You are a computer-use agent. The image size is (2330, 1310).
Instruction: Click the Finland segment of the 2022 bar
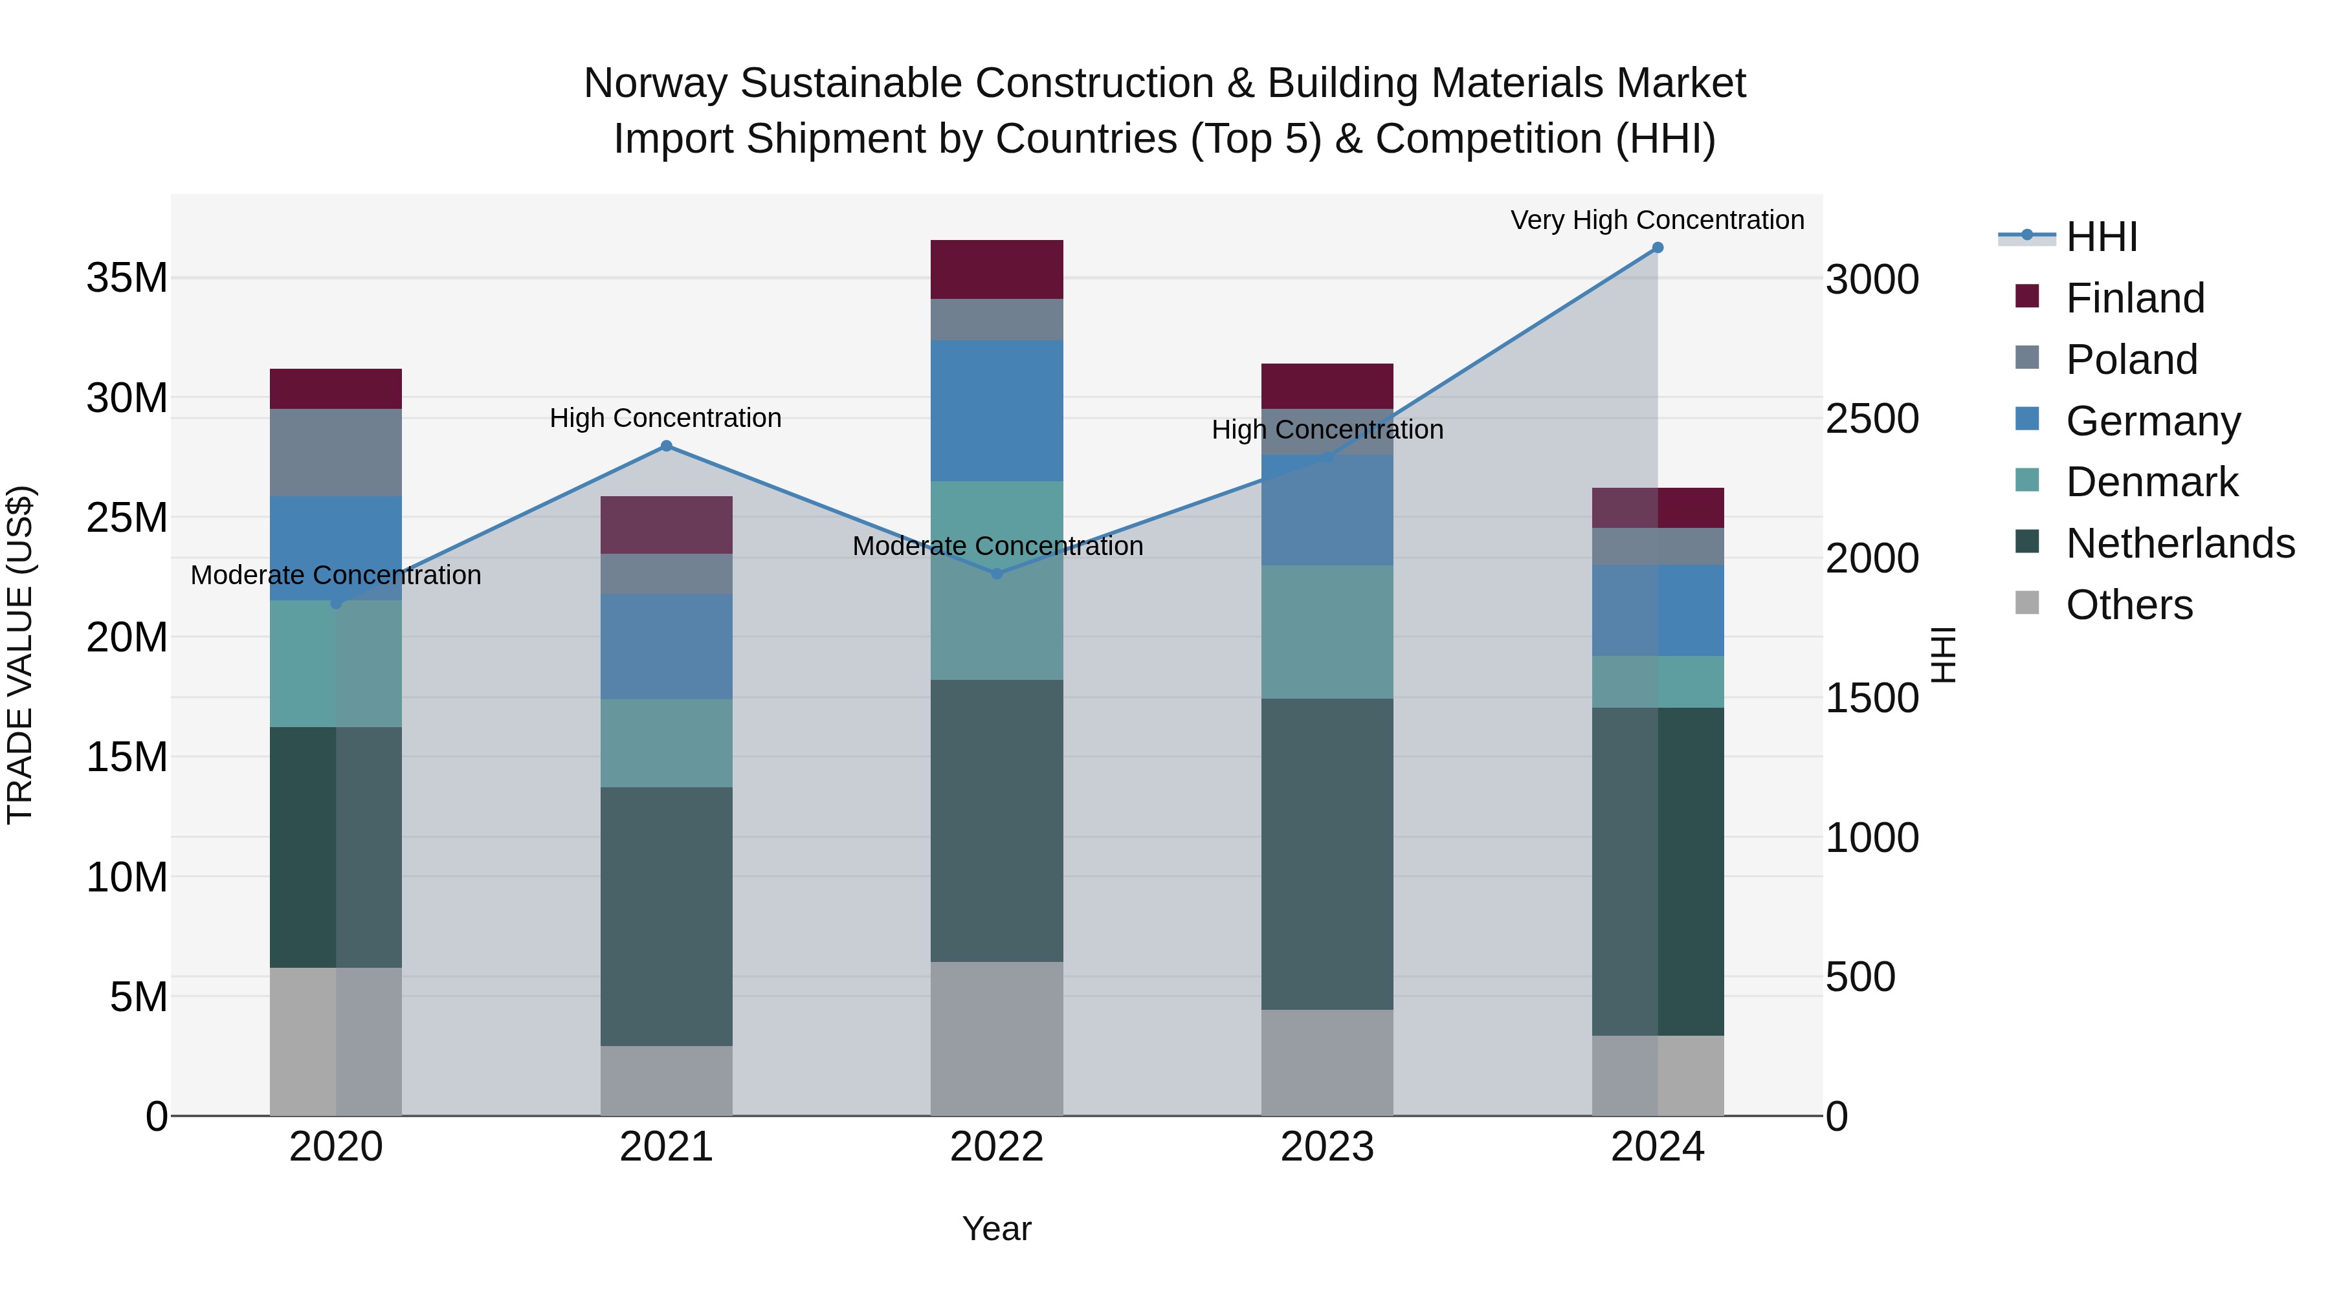(997, 269)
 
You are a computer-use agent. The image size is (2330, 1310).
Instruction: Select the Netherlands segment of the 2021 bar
(667, 917)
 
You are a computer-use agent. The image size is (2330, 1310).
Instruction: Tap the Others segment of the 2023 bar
(1327, 1062)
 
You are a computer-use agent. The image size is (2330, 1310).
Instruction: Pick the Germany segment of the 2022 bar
(997, 410)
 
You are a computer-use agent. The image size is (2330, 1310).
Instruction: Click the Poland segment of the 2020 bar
(335, 452)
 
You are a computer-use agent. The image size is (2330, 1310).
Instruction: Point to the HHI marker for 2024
(1657, 248)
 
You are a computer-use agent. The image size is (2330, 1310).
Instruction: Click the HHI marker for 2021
(667, 446)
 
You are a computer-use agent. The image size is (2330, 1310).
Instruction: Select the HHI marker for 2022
(997, 573)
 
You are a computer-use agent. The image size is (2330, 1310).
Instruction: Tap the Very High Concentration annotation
(1657, 220)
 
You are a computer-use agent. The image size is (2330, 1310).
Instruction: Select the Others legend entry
(2129, 605)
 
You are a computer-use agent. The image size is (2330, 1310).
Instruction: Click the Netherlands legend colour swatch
(2027, 543)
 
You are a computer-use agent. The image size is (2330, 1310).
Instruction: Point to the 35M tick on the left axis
(127, 278)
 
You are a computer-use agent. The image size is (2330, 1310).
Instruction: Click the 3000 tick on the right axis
(1871, 279)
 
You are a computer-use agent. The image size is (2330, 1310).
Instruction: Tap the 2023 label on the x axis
(1327, 1147)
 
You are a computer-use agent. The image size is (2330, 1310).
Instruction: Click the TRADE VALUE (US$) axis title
(20, 655)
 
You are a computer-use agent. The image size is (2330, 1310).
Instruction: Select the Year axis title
(997, 1228)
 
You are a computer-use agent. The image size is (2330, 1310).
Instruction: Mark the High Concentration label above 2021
(666, 418)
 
